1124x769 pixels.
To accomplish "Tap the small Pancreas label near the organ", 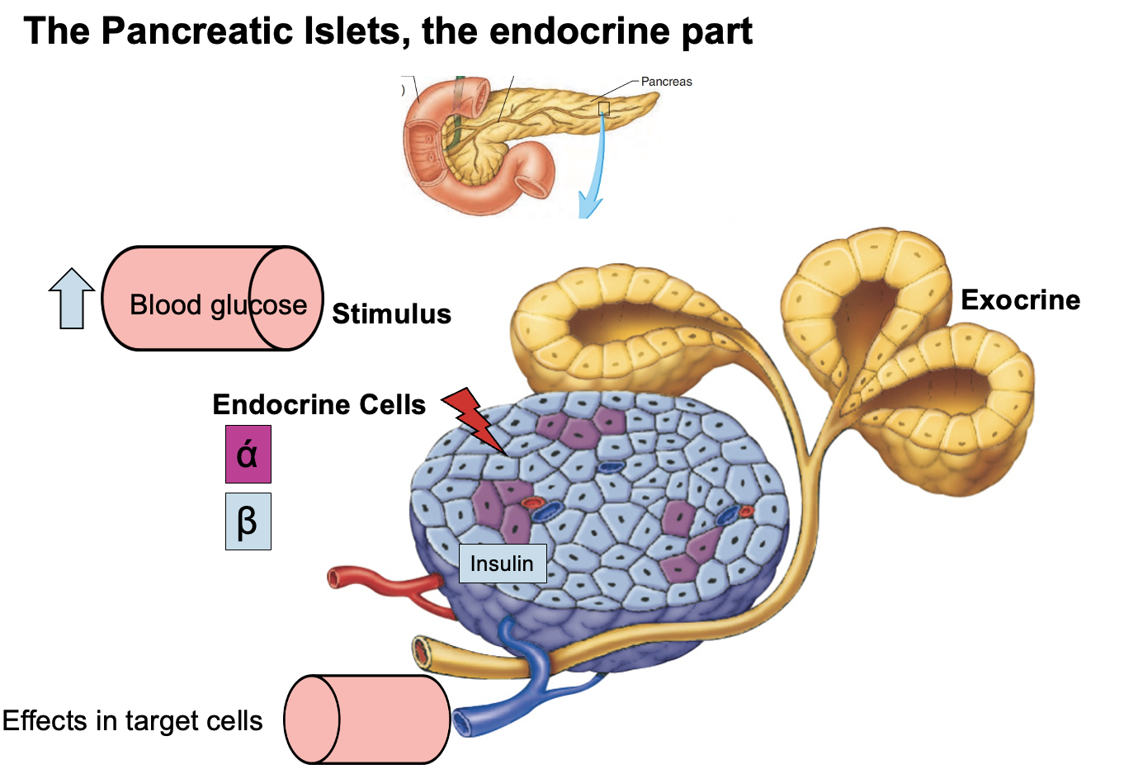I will [x=666, y=82].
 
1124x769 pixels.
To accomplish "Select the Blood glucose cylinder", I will [x=212, y=299].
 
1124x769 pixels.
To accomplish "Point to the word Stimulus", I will [x=391, y=314].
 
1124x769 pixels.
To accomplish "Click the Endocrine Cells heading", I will [x=319, y=404].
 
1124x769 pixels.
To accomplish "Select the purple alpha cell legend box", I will [x=248, y=454].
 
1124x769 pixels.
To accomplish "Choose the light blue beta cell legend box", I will [x=248, y=521].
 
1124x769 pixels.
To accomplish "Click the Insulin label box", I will [x=502, y=564].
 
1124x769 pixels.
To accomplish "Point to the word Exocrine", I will [x=1020, y=300].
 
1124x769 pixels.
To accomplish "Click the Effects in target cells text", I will [x=132, y=721].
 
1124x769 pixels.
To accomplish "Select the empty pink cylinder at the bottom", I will [x=366, y=719].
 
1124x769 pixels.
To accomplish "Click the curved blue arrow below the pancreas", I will [x=594, y=182].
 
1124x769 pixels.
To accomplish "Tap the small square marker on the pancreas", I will [x=603, y=108].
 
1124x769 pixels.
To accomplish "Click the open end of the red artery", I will [x=336, y=578].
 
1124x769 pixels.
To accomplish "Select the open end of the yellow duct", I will [x=422, y=652].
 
